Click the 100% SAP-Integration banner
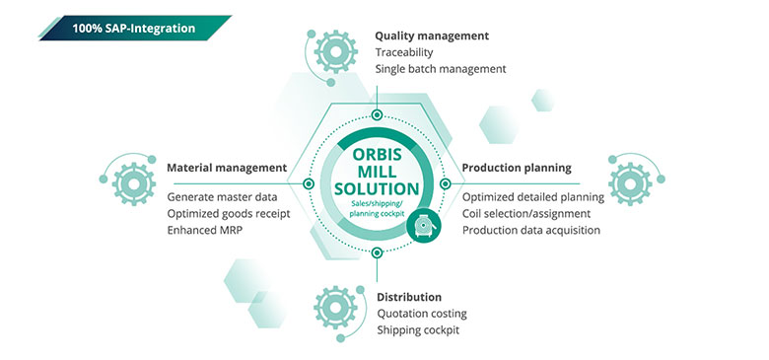[x=132, y=28]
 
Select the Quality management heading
[x=431, y=36]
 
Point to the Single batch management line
[x=440, y=69]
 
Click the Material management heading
[x=227, y=168]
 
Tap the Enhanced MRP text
[x=205, y=230]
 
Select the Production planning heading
[x=517, y=168]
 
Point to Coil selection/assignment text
[x=526, y=213]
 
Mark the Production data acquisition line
[x=530, y=230]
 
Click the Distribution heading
[x=409, y=297]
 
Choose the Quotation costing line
[x=422, y=314]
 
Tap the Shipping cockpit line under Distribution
[x=418, y=330]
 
